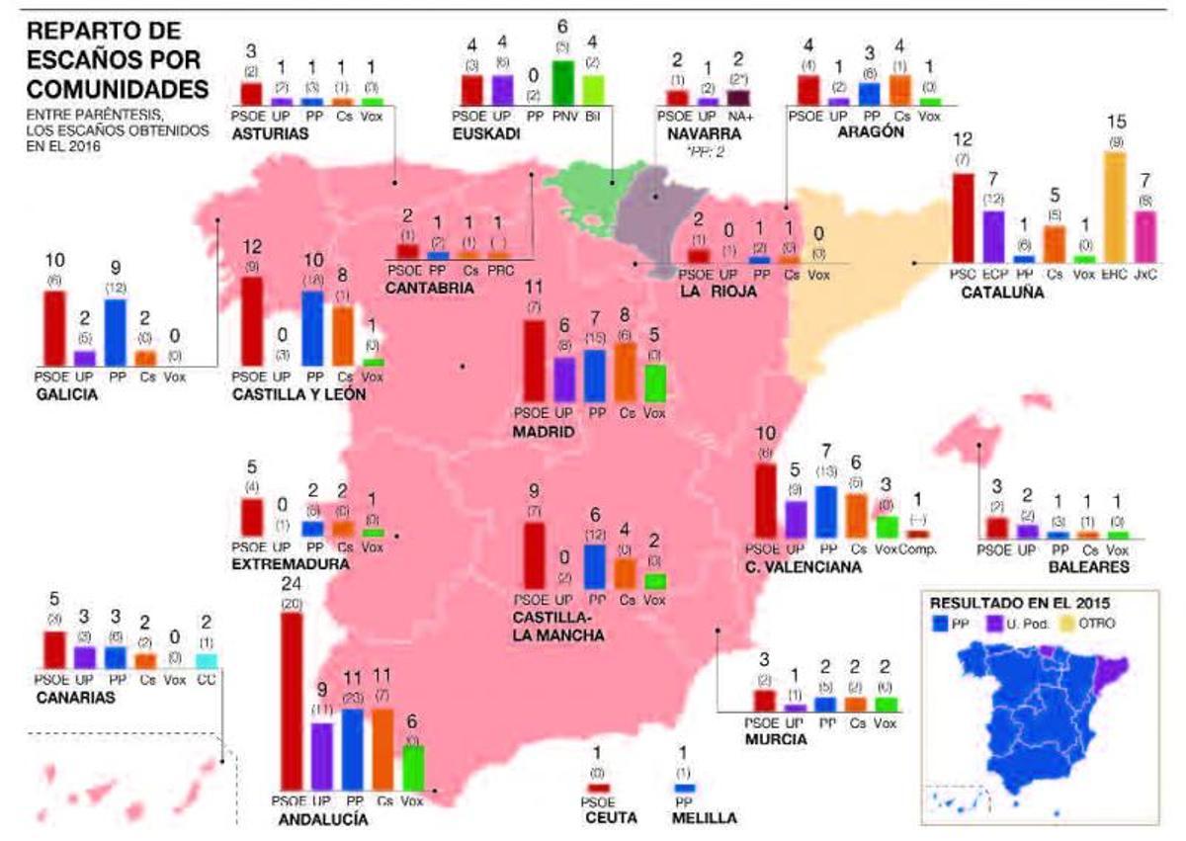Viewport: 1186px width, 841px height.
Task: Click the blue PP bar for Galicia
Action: (115, 332)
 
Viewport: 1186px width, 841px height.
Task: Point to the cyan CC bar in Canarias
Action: (206, 660)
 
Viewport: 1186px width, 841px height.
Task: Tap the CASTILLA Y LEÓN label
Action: (299, 394)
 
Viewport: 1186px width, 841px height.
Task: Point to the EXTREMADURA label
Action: (290, 563)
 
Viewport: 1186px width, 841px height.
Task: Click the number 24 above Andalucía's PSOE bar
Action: (291, 584)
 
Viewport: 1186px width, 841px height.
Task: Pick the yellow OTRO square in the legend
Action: (1071, 625)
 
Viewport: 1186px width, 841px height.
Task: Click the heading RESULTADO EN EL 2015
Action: (1019, 602)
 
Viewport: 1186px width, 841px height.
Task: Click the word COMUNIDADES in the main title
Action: (117, 89)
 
